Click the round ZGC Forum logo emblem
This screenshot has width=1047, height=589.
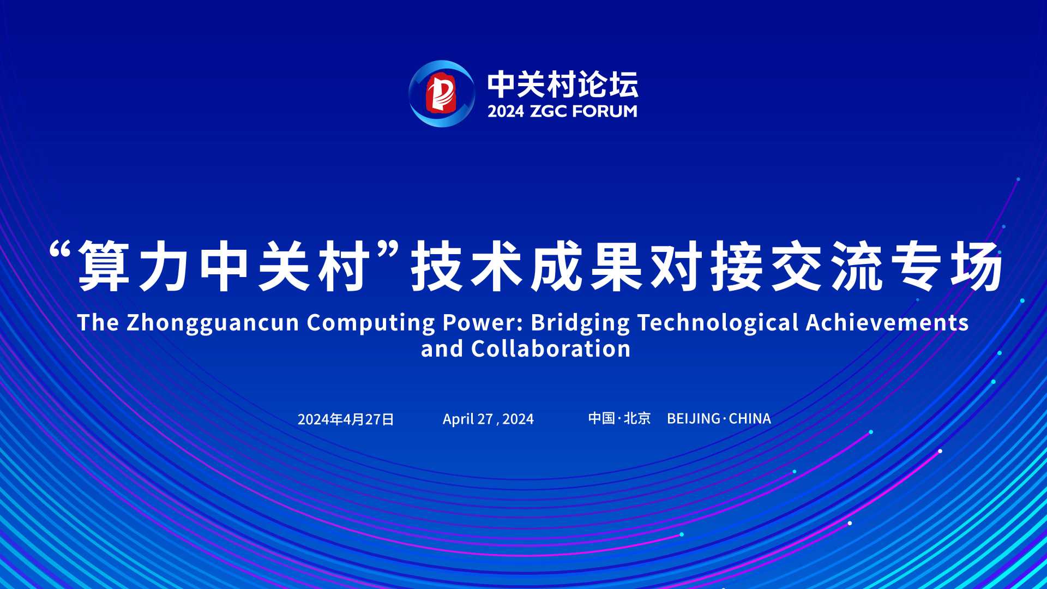coord(442,94)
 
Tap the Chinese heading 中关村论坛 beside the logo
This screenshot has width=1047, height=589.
coord(562,85)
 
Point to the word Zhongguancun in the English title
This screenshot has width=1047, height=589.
coord(213,323)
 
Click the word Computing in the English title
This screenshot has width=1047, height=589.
coord(371,323)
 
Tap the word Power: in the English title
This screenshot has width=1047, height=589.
coord(483,322)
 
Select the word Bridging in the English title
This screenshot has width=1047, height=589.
coord(580,323)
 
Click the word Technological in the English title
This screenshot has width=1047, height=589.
coord(718,323)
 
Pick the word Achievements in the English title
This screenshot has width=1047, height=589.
coord(887,322)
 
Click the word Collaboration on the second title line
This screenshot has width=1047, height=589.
coord(551,349)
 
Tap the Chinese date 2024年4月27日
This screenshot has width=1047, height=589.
coord(346,419)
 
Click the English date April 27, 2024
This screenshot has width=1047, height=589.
coord(488,419)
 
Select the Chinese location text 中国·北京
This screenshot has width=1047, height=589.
coord(619,418)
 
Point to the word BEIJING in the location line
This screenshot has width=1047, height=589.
coord(694,418)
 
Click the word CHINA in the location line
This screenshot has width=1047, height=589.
coord(750,418)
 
